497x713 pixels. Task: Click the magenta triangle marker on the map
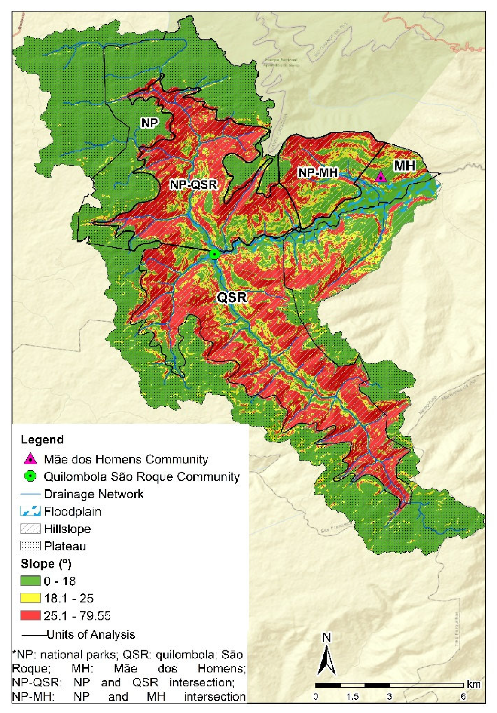[x=380, y=177]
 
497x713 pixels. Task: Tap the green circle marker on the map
[x=214, y=254]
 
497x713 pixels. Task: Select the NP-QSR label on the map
[x=193, y=185]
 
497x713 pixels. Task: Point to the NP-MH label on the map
[x=318, y=173]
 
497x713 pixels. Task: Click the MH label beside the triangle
[x=404, y=166]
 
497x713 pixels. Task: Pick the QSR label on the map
[x=232, y=297]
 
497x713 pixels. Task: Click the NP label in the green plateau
[x=149, y=123]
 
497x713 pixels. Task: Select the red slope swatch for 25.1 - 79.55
[x=30, y=615]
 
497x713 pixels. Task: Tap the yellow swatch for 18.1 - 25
[x=30, y=598]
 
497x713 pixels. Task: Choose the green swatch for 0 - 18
[x=30, y=581]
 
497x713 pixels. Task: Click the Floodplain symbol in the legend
[x=30, y=511]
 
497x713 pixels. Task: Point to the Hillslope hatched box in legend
[x=30, y=529]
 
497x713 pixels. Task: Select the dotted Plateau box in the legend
[x=30, y=546]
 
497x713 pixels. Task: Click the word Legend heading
[x=42, y=439]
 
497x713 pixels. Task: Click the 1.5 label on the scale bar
[x=352, y=697]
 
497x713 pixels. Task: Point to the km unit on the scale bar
[x=473, y=684]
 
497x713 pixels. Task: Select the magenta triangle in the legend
[x=30, y=459]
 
